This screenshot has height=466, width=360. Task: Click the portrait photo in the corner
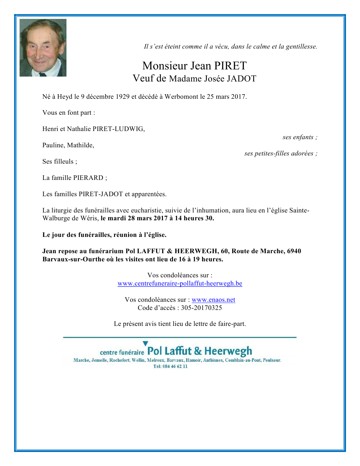coord(43,48)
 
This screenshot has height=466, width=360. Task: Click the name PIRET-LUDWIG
coord(119,129)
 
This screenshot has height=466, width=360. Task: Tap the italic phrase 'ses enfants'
coord(298,137)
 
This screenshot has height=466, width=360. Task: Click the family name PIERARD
coord(88,178)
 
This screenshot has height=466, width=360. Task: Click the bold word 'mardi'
coord(117,218)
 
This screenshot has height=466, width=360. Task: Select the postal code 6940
coord(294,251)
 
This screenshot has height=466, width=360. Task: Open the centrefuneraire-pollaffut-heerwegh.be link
coord(180,284)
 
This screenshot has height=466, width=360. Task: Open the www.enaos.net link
coord(213,300)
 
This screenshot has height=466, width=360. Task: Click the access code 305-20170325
coord(201,308)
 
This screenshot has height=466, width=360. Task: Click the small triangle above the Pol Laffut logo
coord(145,343)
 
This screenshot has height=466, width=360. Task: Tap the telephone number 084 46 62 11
coord(175,366)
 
